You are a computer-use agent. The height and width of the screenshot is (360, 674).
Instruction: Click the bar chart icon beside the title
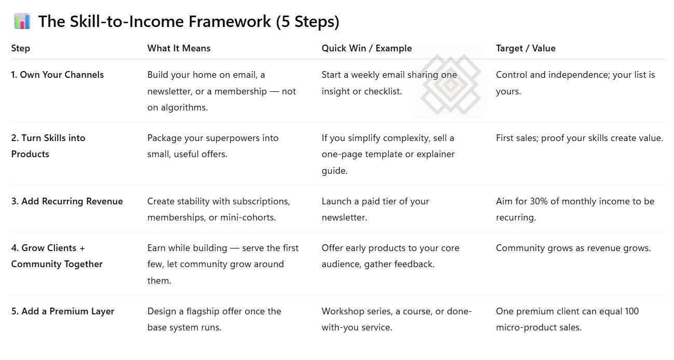coord(22,22)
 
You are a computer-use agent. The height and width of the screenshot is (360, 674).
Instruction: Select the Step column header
coord(21,48)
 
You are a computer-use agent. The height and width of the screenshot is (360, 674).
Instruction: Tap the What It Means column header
coord(179,48)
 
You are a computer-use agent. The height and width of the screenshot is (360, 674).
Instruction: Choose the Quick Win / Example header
coord(366,48)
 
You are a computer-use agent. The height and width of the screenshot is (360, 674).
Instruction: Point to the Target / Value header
coord(526,48)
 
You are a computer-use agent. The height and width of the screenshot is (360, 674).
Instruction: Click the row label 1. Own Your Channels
coord(57,75)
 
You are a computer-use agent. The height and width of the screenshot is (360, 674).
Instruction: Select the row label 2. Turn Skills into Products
coord(48,146)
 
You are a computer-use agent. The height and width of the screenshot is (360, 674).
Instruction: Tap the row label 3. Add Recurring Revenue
coord(67,201)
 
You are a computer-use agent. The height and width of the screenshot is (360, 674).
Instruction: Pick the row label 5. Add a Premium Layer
coord(63,311)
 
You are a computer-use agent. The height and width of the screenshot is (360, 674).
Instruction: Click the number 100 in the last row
coord(631,311)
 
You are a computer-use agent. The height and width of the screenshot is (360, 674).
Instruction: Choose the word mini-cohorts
coord(248,217)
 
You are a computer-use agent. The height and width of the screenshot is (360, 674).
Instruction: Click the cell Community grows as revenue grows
coord(573,248)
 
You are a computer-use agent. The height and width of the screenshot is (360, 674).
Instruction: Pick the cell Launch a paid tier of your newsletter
coord(375,209)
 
